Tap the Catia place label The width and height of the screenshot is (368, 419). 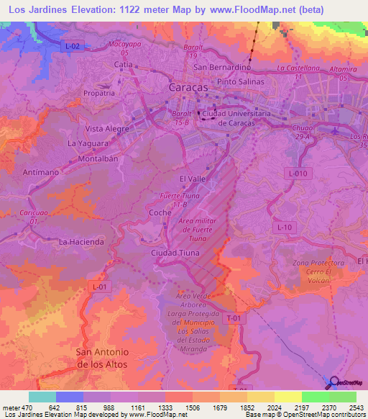click(124, 65)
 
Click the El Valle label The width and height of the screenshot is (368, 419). click(193, 176)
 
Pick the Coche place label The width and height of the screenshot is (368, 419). click(160, 213)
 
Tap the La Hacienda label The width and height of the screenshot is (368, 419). click(81, 242)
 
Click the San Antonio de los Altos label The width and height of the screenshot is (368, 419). click(102, 358)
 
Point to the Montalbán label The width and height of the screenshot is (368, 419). click(97, 158)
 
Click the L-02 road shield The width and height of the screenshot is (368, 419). click(72, 46)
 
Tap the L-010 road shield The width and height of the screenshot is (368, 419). click(297, 174)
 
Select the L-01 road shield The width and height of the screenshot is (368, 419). click(100, 287)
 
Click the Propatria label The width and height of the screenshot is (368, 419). click(99, 93)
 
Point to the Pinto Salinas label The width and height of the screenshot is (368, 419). click(241, 81)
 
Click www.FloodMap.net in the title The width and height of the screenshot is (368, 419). click(254, 9)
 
